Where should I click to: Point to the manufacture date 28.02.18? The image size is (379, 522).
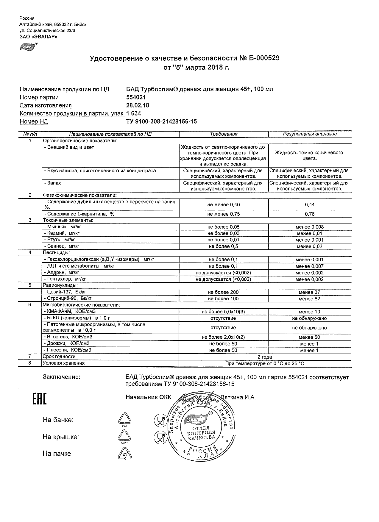pos(138,105)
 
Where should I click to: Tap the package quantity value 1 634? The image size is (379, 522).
pos(134,113)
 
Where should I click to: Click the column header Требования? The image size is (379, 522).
pos(224,134)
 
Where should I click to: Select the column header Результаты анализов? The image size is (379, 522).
pos(310,134)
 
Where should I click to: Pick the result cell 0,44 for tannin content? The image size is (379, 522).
pos(310,204)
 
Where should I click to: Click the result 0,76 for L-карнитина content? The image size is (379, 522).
pos(310,214)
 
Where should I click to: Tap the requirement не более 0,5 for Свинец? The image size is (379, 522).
pos(224,246)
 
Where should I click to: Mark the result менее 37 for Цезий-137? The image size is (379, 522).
pos(310,292)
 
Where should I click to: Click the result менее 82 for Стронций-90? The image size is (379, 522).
pos(310,298)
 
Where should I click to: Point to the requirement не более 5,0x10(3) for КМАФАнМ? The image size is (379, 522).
pos(224,312)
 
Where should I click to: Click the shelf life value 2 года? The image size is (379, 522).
pos(265,357)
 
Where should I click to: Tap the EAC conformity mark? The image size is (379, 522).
pos(39,399)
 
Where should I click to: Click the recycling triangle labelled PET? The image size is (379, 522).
pos(124,419)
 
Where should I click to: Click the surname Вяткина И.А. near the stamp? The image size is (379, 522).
pos(238,397)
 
